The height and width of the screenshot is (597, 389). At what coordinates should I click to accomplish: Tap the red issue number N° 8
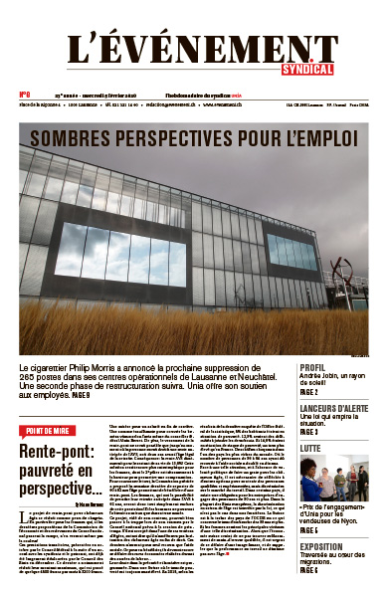click(24, 98)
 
